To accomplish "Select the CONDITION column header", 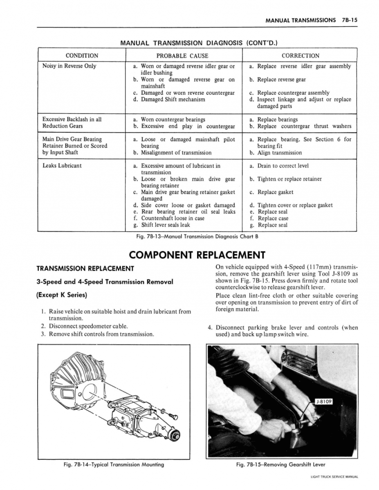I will (x=82, y=56).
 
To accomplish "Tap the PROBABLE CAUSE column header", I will (x=182, y=56).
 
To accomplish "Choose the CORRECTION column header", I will (x=301, y=56).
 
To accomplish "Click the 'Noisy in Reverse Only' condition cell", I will (x=69, y=66).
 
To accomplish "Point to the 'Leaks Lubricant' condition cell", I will (x=62, y=165).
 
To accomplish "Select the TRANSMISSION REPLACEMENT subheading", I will (x=85, y=268).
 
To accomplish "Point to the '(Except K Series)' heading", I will (x=62, y=295).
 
